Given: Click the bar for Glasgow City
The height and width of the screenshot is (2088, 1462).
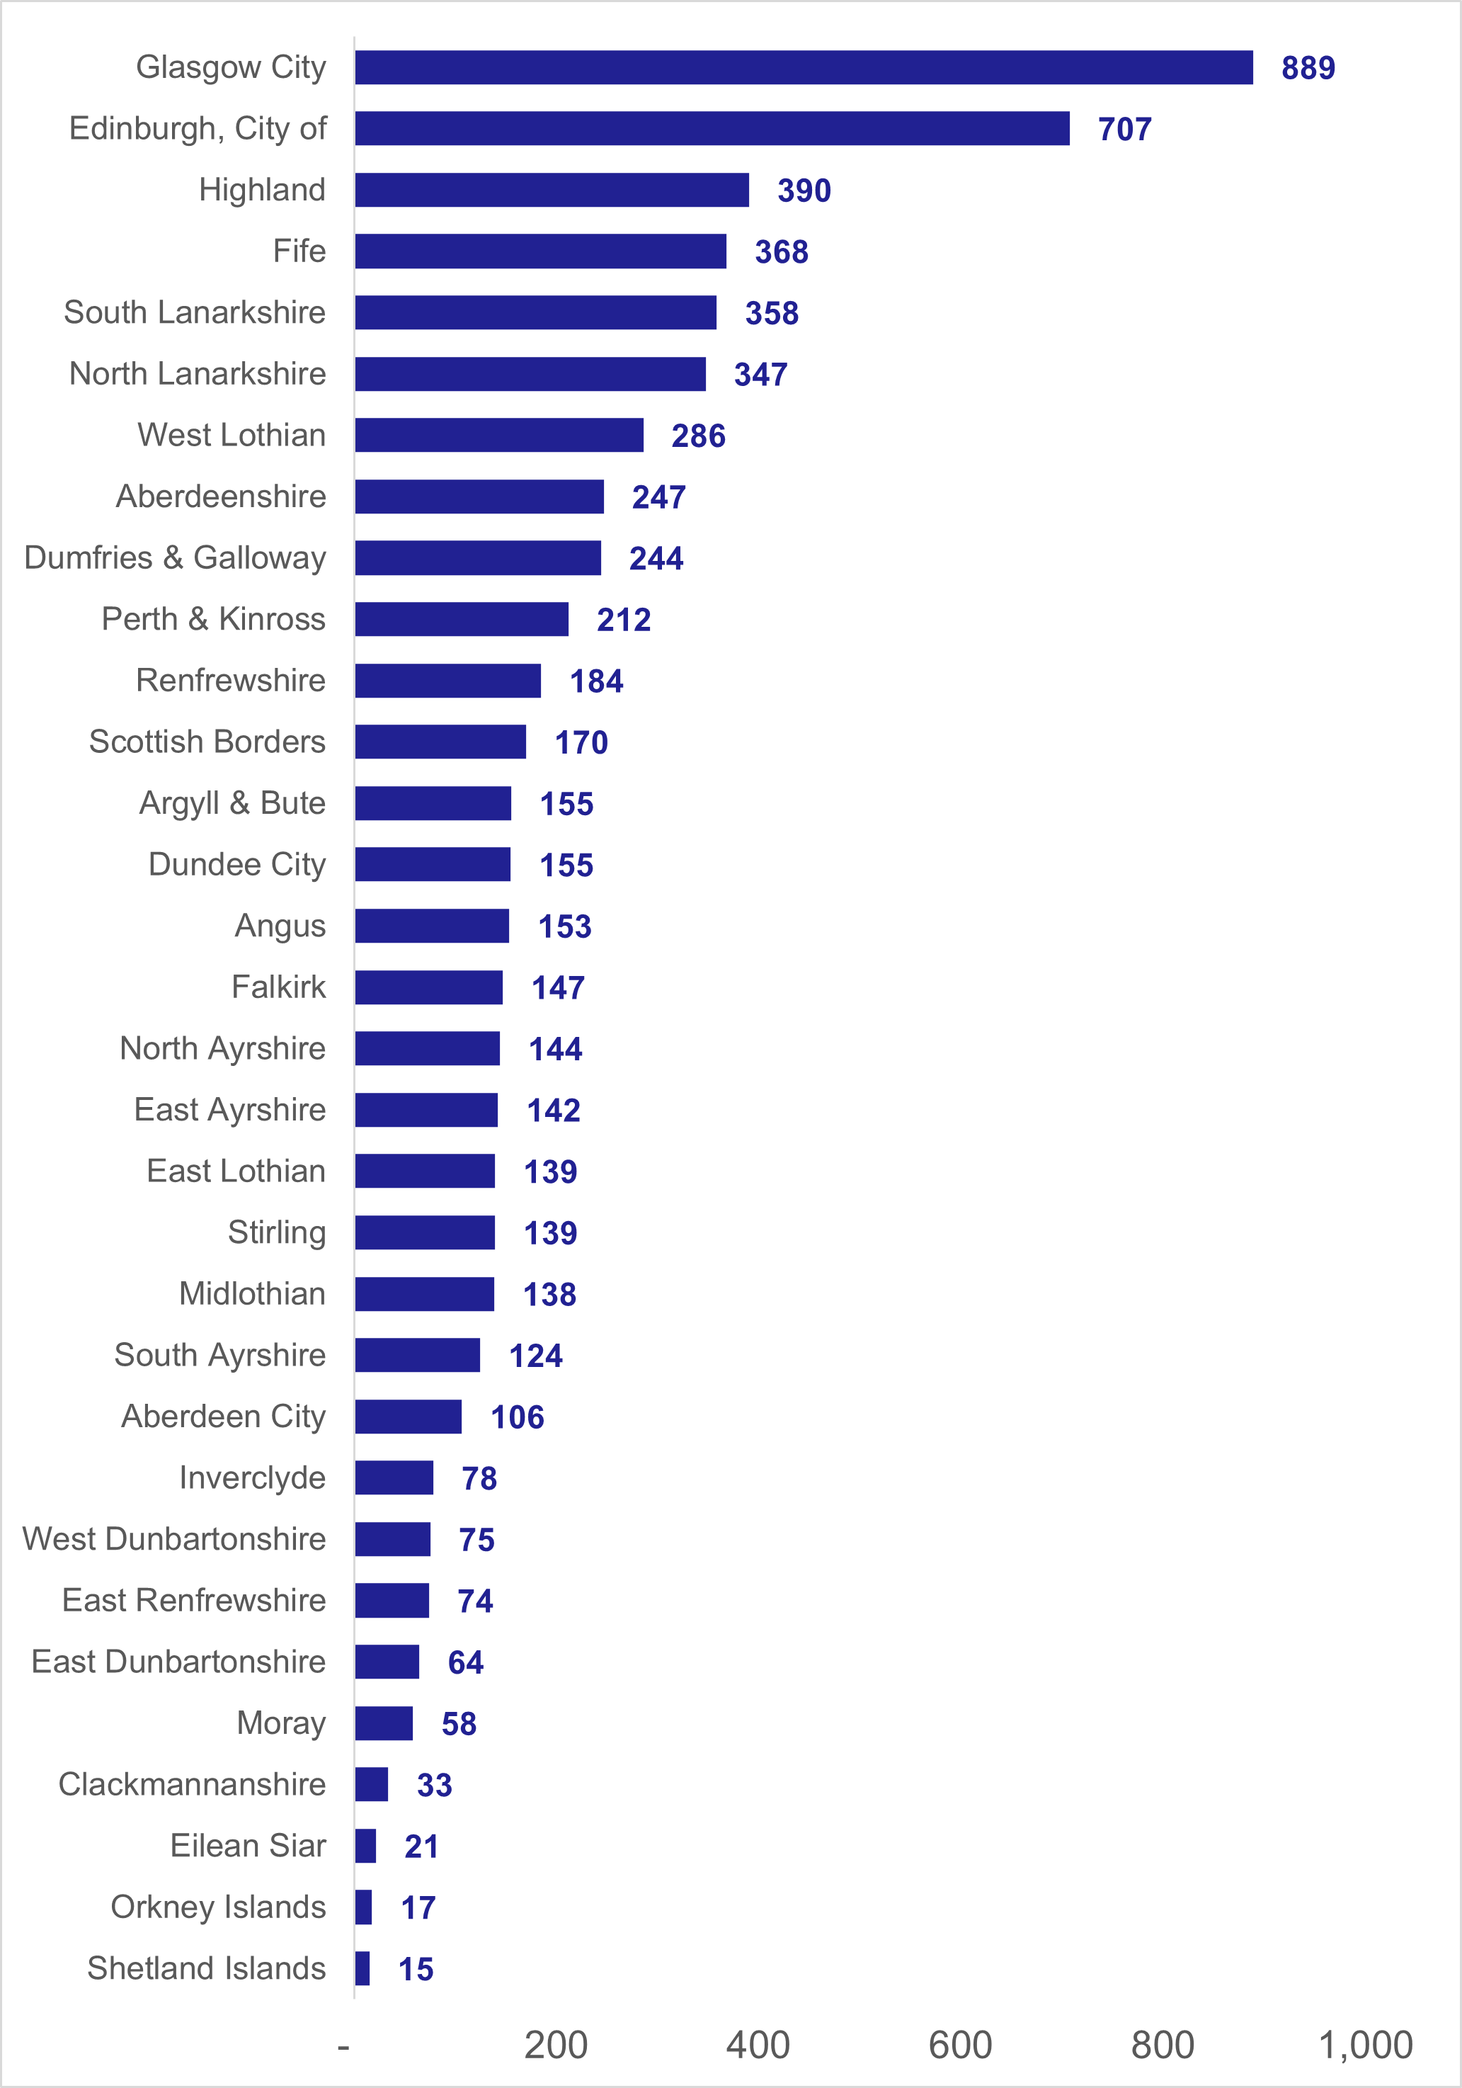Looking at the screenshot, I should tap(804, 67).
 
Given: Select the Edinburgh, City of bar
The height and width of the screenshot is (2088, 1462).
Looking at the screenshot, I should tap(712, 128).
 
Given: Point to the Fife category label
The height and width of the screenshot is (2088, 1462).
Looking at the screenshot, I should tap(299, 251).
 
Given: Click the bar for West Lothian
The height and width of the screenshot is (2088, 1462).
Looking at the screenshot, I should tap(499, 435).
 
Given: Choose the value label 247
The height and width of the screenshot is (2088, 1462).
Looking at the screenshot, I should tap(658, 497).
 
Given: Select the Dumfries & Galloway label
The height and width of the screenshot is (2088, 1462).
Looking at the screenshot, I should tap(175, 557).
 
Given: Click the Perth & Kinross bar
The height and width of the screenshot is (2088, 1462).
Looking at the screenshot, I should tap(462, 619).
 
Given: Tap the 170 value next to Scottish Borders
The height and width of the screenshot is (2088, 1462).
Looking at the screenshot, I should tap(581, 743).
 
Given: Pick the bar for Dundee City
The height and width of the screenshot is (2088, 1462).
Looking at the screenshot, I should tap(433, 864).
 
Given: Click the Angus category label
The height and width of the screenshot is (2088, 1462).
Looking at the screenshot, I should tap(280, 926).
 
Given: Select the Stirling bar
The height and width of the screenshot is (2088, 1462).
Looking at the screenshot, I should tap(425, 1232).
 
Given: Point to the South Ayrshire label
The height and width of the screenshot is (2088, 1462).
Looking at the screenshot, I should tap(220, 1355).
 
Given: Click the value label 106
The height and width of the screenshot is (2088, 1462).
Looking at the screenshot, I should tap(518, 1417).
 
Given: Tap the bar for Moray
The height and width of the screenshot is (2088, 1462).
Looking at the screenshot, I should tap(384, 1723).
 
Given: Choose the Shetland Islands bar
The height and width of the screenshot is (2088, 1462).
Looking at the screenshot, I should tap(362, 1968).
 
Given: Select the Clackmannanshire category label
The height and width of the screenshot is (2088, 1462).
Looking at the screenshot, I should tap(192, 1784).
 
